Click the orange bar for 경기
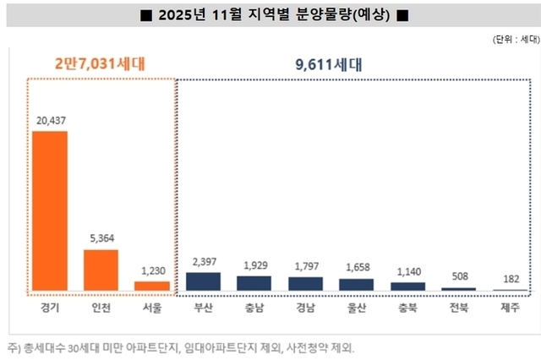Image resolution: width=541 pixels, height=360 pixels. click(x=50, y=211)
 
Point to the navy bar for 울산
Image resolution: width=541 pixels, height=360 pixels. click(x=356, y=285)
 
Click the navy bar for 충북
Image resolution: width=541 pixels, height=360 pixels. click(x=407, y=286)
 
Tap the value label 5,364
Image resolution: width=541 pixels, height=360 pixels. click(x=101, y=239)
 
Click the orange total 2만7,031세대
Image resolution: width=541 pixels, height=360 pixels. click(x=101, y=63)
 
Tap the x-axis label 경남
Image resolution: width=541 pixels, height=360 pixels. click(x=304, y=308)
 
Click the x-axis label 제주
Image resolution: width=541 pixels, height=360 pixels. click(x=510, y=308)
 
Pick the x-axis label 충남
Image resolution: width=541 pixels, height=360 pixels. click(x=254, y=308)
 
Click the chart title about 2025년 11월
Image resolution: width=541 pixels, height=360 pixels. click(x=270, y=14)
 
